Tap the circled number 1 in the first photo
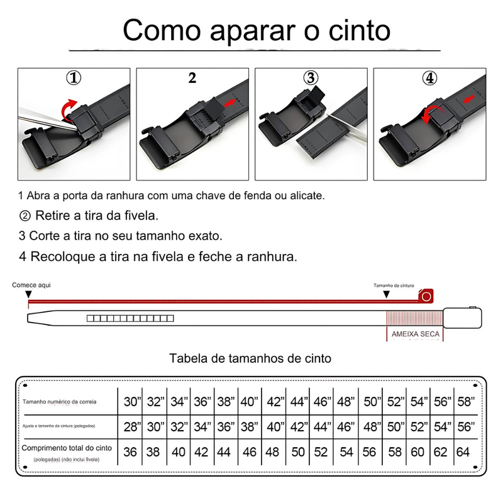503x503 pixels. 74,78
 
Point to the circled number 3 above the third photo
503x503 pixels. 311,78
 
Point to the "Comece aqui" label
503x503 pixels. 31,285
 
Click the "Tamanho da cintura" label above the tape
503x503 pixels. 394,285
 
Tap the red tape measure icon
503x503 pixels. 427,295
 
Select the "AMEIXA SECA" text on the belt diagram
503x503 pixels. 415,334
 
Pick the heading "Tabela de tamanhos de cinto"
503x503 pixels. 251,358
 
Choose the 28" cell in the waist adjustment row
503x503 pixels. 132,427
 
